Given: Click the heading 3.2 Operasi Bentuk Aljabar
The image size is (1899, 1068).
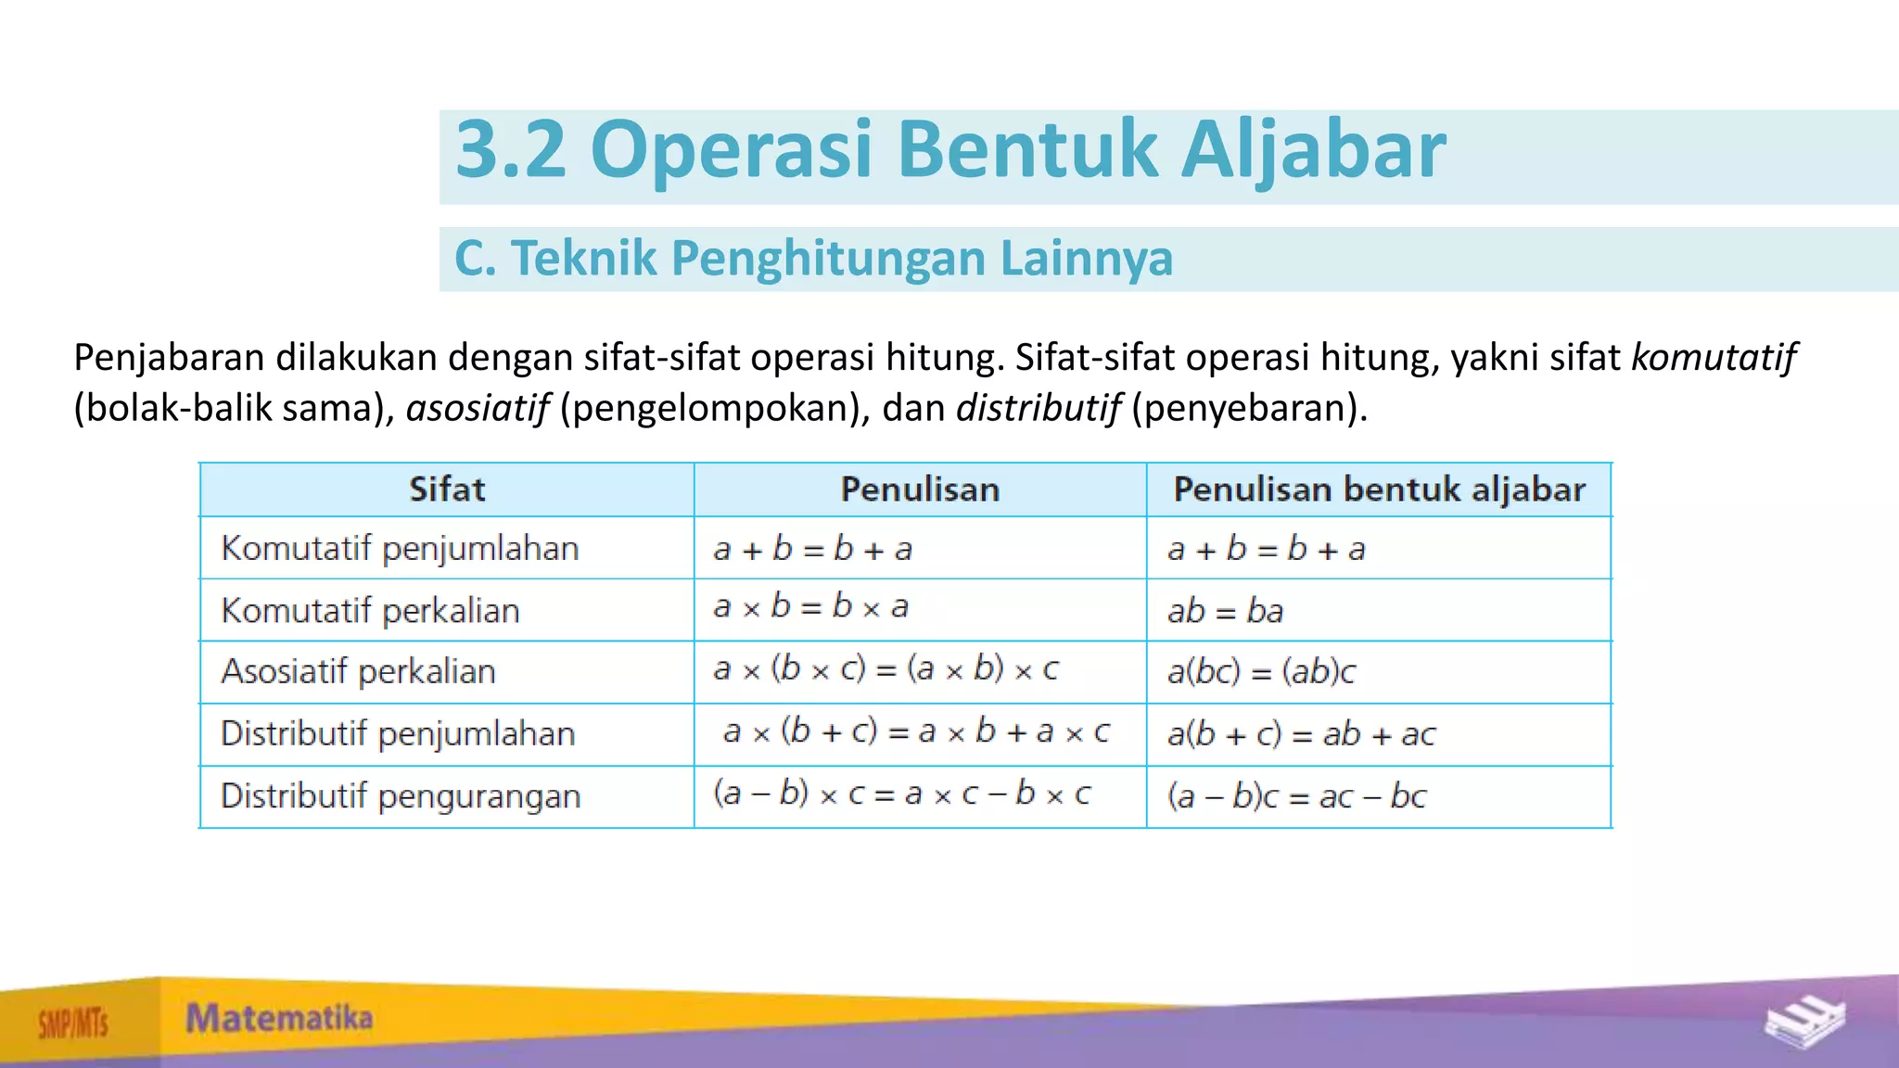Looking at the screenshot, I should coord(949,150).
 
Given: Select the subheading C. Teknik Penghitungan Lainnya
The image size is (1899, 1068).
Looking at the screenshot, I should coord(813,259).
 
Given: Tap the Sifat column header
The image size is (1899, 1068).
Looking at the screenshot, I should coord(447,489).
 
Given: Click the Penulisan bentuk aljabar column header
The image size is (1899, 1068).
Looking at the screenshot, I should coord(1379,489).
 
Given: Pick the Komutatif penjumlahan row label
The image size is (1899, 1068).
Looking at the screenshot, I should coord(400,549).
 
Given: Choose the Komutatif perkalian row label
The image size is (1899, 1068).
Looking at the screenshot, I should coord(370,611).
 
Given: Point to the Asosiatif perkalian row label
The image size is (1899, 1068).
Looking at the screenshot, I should coord(358,671).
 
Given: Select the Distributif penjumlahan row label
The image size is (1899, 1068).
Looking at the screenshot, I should coord(398,734).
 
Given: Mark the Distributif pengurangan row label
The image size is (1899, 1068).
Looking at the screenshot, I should coord(401,796).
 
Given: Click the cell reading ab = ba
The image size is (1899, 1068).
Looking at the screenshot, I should coord(1225,611).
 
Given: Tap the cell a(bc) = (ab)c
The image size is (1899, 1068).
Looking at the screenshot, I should coord(1261,671).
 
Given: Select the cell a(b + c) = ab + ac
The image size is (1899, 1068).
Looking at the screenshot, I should coord(1301,734).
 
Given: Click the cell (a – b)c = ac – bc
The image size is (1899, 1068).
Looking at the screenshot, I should coord(1296,796).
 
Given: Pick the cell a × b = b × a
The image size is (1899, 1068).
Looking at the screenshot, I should coord(810,607).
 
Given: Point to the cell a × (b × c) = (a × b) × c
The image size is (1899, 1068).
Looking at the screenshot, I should coord(886,668).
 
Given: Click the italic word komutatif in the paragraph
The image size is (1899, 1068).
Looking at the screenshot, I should coord(1713,357).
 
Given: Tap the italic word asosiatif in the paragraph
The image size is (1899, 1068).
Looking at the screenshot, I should coord(478,408).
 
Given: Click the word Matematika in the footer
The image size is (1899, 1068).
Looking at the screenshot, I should coord(279,1018).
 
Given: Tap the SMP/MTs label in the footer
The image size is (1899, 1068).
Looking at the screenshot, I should coord(73,1024).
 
